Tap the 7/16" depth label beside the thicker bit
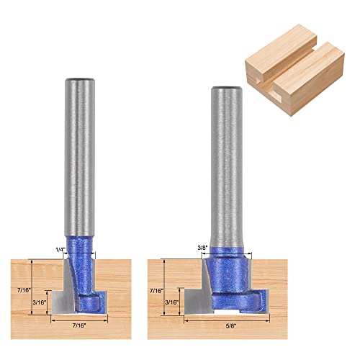(156, 292)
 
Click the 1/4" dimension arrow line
(81, 256)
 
